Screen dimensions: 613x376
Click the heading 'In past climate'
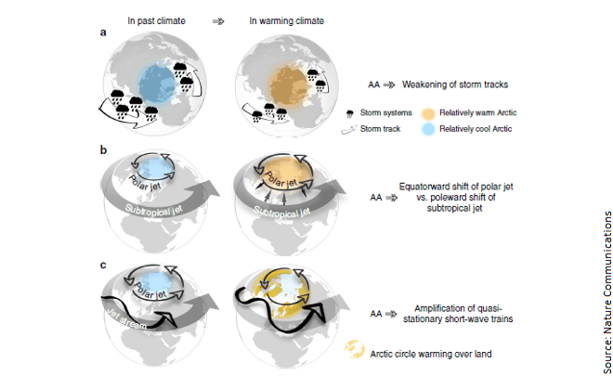click(x=156, y=20)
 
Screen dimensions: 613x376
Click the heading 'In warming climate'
click(x=287, y=20)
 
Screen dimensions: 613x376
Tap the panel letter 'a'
click(x=103, y=32)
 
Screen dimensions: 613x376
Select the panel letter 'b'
click(x=103, y=149)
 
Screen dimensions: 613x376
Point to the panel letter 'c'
click(x=103, y=265)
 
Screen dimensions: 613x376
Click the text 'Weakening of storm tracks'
click(x=455, y=84)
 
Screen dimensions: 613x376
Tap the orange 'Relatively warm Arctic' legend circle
click(x=428, y=113)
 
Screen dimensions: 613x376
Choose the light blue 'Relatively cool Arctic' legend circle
click(x=428, y=129)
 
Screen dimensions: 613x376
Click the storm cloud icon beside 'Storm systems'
click(x=350, y=114)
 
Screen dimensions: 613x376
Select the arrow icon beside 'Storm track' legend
click(x=349, y=130)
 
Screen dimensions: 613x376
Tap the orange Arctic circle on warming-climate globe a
click(x=289, y=86)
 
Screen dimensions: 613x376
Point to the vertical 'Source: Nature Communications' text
click(x=606, y=292)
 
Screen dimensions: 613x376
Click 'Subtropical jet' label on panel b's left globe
click(x=153, y=210)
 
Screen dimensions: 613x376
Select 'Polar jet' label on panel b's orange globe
click(x=281, y=179)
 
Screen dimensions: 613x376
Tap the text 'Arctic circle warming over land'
click(x=431, y=354)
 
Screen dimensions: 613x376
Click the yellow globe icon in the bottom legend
click(x=355, y=349)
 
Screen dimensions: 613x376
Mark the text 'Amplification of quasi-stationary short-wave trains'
click(x=458, y=314)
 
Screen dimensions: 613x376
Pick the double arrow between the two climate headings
click(x=218, y=21)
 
